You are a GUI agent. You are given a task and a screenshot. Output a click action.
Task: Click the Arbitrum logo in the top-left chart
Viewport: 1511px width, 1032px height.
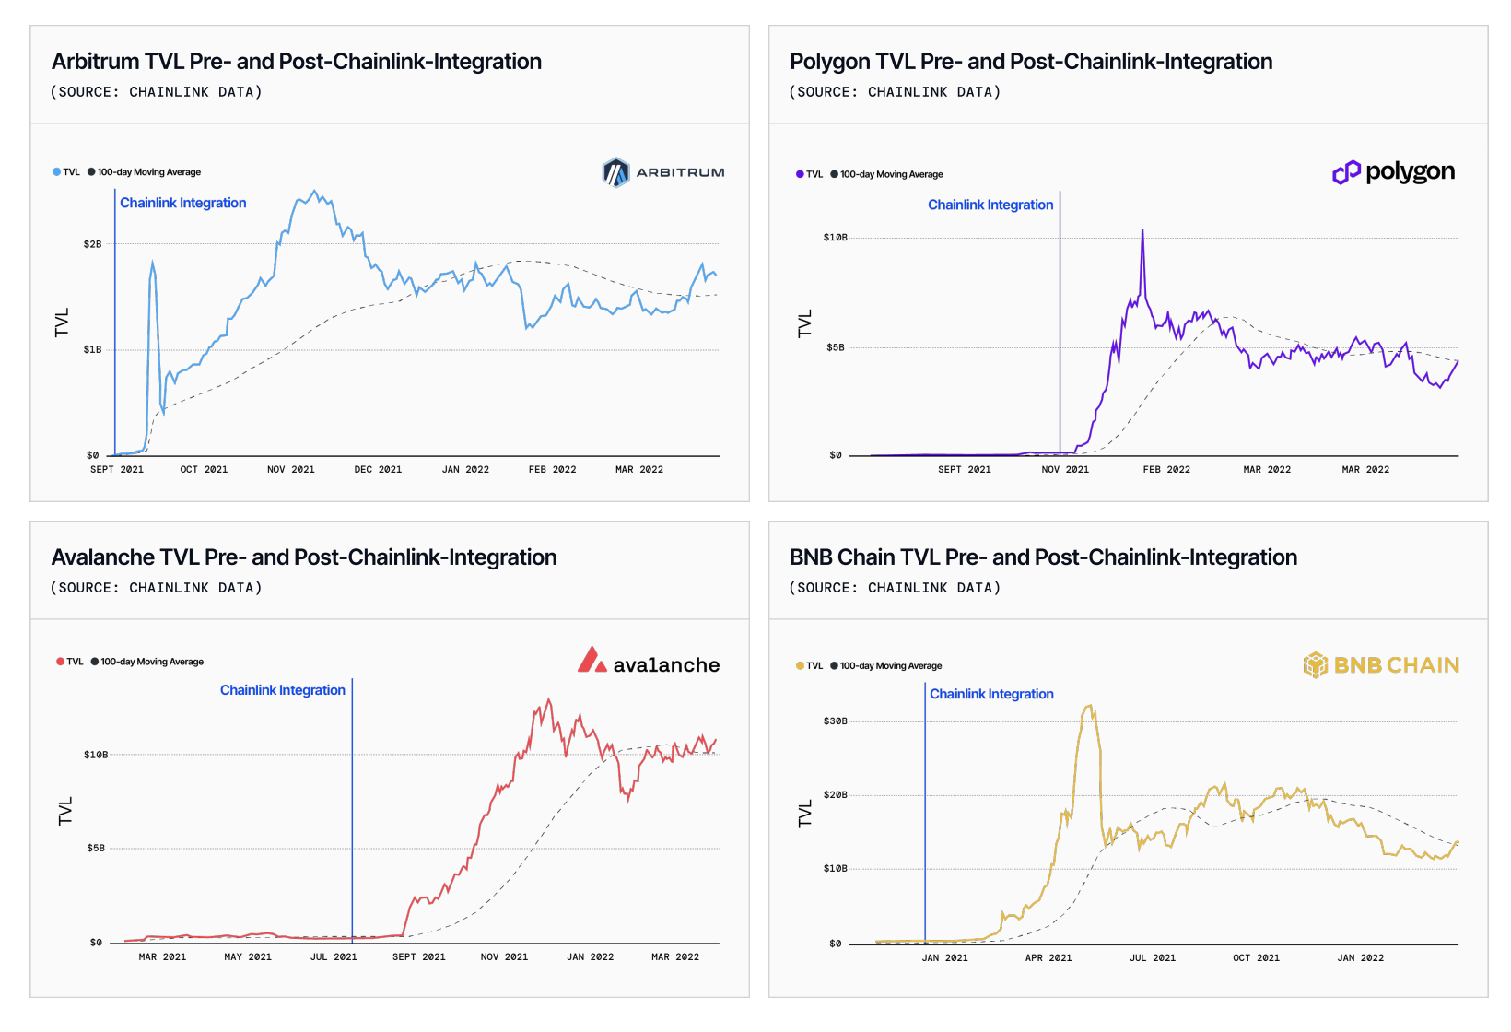point(663,172)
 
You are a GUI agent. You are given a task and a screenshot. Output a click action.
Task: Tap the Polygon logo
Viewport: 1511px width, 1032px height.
point(1394,172)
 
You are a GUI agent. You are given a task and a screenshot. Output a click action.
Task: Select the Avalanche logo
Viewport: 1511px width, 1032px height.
point(649,661)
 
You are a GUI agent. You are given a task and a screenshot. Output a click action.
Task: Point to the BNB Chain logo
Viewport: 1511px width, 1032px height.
point(1381,665)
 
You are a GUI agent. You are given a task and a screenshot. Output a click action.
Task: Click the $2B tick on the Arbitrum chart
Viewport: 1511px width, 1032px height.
point(92,244)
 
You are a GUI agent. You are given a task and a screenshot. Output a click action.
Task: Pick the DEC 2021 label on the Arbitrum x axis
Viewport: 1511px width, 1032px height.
point(378,469)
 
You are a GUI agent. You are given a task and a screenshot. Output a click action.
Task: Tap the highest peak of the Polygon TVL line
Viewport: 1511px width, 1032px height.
point(1142,230)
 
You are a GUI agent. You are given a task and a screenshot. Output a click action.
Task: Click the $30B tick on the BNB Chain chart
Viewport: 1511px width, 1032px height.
point(835,721)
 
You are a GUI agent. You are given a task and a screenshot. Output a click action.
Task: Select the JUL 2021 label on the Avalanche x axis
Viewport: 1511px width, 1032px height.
point(334,956)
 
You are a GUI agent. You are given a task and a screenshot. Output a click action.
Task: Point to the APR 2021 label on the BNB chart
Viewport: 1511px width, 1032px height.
point(1048,957)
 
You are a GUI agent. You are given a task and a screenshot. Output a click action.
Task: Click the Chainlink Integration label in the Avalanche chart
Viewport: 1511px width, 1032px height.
point(283,690)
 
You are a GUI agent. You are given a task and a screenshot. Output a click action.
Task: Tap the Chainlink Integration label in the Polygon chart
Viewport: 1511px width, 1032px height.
point(990,205)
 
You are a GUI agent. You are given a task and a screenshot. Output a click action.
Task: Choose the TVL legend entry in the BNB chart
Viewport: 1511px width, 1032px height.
point(810,666)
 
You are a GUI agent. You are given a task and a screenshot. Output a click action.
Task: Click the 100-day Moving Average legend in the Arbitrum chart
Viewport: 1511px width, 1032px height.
point(145,172)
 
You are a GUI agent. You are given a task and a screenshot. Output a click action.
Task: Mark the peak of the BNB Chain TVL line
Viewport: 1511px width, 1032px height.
point(1090,706)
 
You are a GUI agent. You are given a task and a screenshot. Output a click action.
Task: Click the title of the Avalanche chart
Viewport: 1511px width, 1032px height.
point(304,557)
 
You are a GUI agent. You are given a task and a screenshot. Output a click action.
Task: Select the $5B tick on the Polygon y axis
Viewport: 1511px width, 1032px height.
point(835,347)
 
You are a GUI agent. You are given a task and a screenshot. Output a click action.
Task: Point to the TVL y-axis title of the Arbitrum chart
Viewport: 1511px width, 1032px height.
point(62,322)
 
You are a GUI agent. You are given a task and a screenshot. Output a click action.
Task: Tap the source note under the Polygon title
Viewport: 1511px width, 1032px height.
point(896,92)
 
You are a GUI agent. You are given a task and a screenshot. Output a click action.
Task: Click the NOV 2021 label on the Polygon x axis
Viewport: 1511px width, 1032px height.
point(1065,469)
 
